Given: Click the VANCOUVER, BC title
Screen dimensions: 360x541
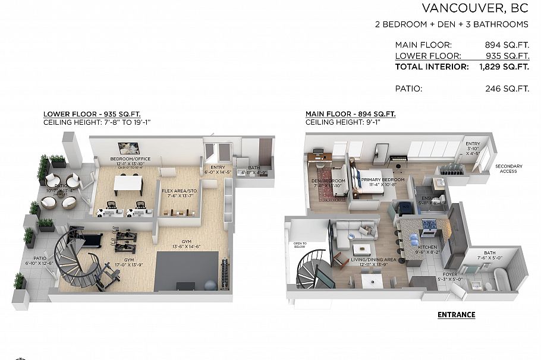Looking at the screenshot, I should click(475, 8).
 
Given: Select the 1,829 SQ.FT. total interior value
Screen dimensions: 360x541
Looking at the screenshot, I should click(504, 67).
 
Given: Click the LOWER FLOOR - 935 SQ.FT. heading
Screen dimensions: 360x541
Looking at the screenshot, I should click(92, 114).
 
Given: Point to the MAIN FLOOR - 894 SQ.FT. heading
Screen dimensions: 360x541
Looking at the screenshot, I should click(351, 114).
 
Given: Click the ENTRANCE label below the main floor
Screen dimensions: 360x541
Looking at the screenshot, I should click(456, 315).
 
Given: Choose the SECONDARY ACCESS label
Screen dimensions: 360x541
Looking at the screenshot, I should click(508, 169).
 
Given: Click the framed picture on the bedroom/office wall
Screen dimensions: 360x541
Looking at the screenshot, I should click(128, 148).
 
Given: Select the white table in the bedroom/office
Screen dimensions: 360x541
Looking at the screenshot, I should click(129, 184).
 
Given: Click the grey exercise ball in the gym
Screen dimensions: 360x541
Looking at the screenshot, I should click(210, 285).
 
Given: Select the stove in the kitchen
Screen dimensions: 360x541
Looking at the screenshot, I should click(429, 225).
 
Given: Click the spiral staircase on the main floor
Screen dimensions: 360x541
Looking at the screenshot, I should click(311, 268).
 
